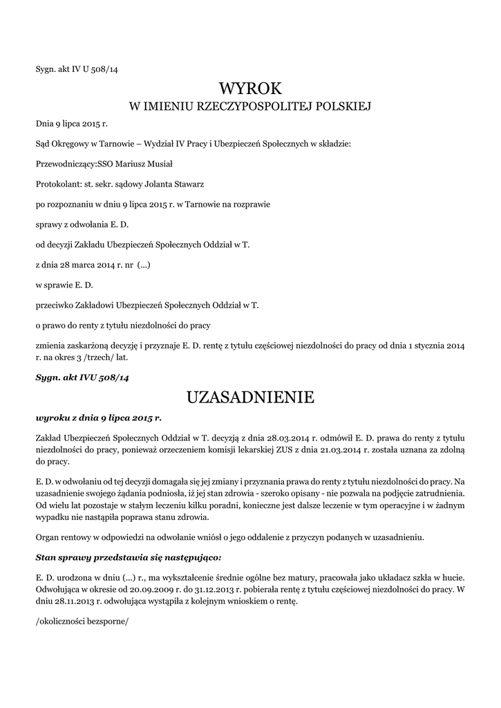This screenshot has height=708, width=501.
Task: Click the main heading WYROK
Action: (x=251, y=88)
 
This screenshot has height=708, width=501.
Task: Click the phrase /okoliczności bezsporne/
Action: (x=82, y=619)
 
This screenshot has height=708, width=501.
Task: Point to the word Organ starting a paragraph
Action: (x=48, y=537)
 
